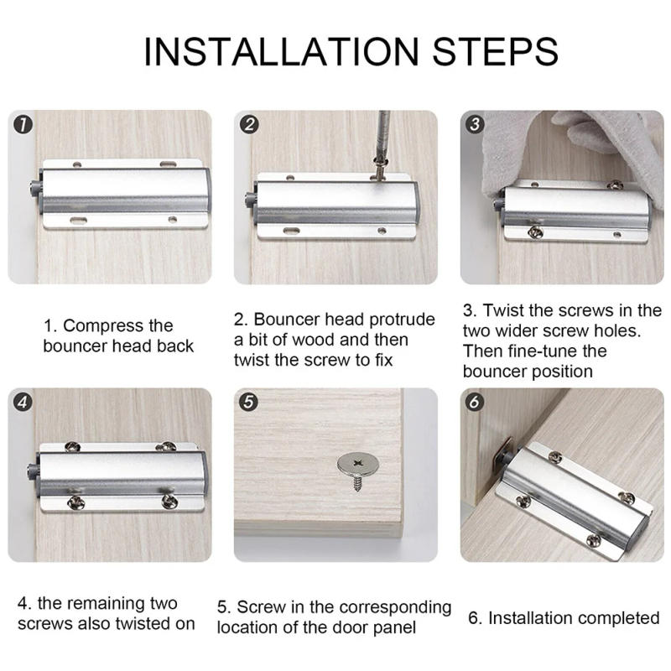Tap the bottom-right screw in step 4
[169, 501]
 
